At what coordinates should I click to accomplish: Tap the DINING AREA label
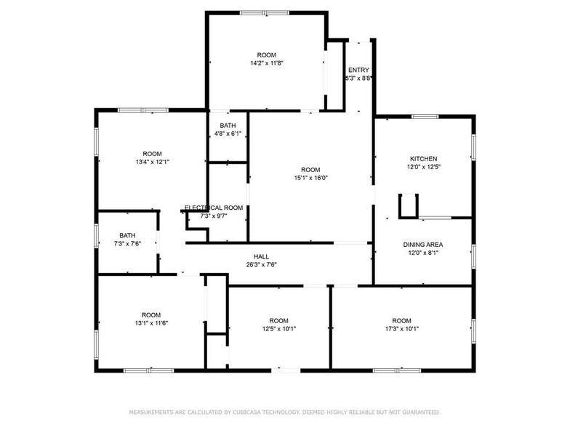coord(422,245)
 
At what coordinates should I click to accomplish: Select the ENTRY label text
coord(358,70)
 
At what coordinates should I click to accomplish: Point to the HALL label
coord(261,256)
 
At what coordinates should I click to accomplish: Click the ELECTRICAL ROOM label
coord(213,208)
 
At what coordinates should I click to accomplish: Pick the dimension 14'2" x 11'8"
coord(266,63)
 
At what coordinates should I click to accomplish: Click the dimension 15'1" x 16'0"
coord(310,178)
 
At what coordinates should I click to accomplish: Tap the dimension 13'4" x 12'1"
coord(152,162)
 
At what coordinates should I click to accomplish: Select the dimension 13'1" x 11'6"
coord(151,323)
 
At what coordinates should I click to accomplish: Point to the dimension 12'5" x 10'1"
coord(278,329)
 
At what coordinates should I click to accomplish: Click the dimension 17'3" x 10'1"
coord(401,329)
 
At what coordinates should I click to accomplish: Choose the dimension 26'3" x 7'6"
coord(261,264)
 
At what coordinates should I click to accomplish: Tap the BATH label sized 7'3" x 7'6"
coord(127,235)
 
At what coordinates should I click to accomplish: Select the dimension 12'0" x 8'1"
coord(422,253)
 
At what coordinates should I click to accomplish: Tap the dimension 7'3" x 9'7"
coord(213,216)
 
